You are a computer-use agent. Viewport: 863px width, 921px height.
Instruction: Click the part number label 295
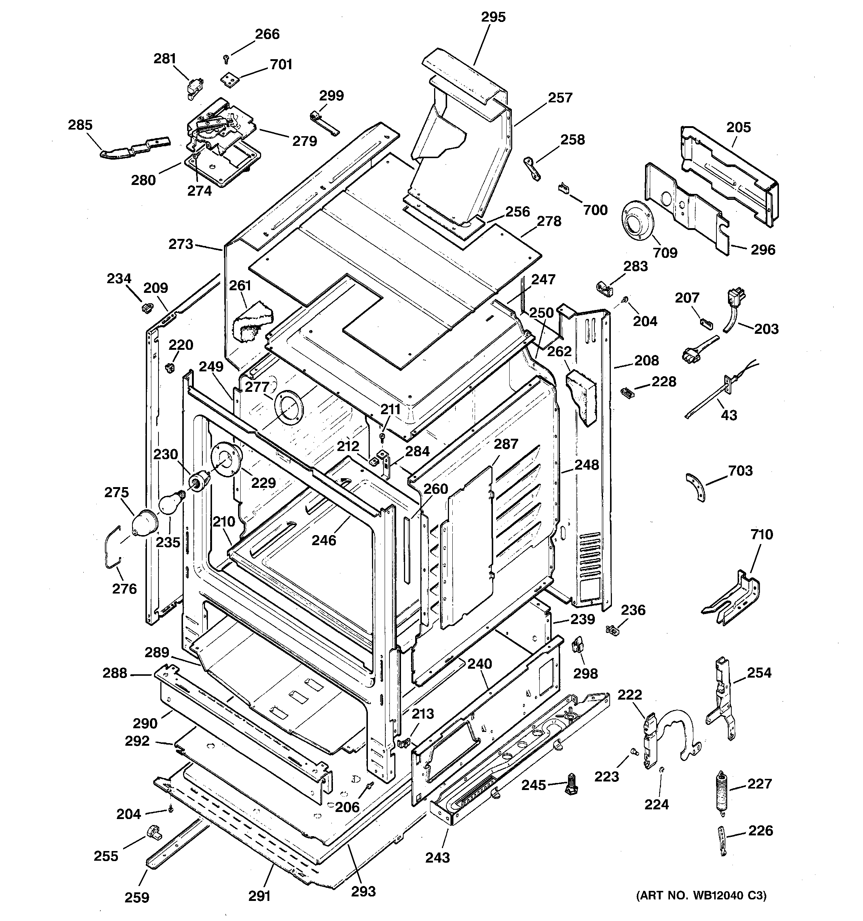pyautogui.click(x=493, y=17)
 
